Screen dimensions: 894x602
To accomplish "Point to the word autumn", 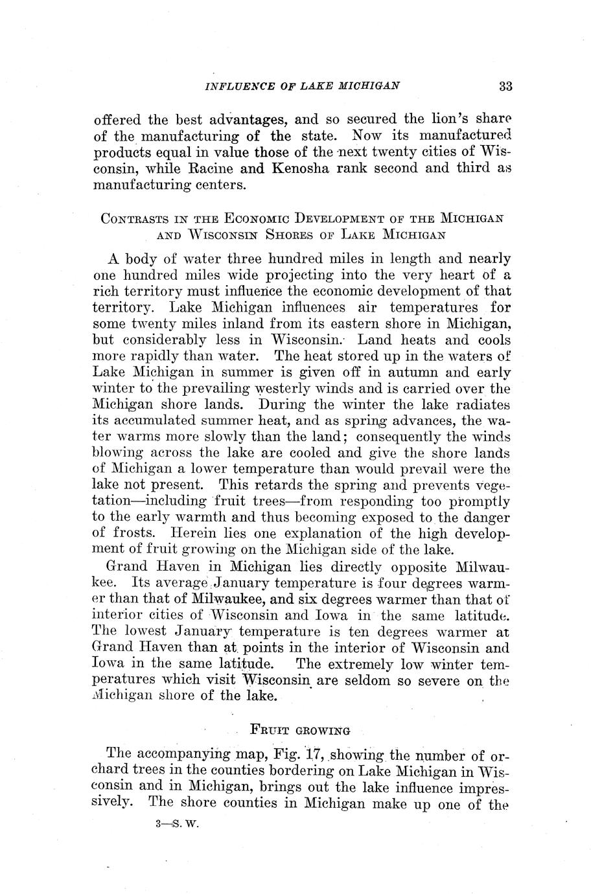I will pyautogui.click(x=414, y=372).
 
